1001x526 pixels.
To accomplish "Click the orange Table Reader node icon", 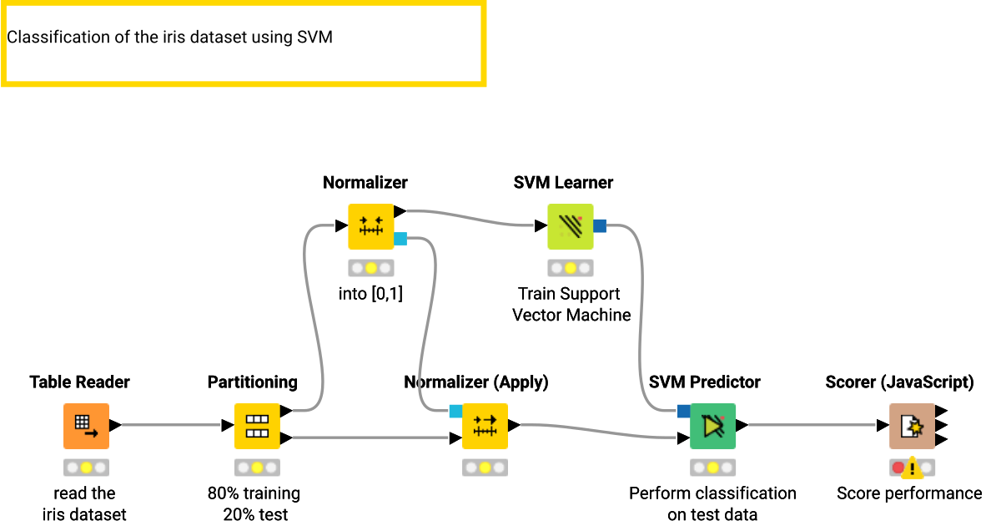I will [86, 426].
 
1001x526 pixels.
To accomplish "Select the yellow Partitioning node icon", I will [256, 426].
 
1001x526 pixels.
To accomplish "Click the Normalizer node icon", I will [370, 226].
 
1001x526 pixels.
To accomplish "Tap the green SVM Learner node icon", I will [570, 226].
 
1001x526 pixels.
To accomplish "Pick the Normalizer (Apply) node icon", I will [485, 426].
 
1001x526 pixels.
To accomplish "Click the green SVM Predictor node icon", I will [712, 426].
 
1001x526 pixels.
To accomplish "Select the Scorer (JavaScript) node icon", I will [912, 426].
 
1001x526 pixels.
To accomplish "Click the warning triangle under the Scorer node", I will [912, 468].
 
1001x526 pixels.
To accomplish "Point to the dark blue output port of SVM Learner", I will [600, 225].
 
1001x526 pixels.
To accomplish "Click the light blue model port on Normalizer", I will [400, 240].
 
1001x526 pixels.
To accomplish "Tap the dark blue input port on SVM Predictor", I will [683, 411].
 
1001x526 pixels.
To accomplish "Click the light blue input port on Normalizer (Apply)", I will [455, 411].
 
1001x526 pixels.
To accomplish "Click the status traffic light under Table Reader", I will [86, 468].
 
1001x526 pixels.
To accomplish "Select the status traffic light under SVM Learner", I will [570, 268].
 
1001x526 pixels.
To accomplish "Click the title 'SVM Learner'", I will [563, 182].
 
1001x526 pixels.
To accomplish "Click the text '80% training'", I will [254, 493].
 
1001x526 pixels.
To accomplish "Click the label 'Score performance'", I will [909, 493].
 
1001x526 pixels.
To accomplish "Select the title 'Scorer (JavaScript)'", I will [899, 382].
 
